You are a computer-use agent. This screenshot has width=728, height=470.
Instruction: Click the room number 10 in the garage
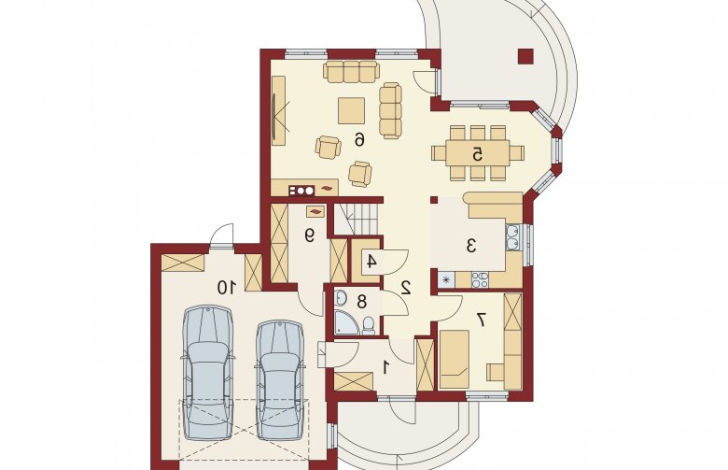pyautogui.click(x=228, y=287)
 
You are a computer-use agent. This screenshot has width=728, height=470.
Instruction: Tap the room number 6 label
pyautogui.click(x=359, y=138)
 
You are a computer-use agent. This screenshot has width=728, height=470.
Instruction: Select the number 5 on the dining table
pyautogui.click(x=477, y=154)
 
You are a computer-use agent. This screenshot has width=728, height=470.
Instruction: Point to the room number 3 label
pyautogui.click(x=471, y=246)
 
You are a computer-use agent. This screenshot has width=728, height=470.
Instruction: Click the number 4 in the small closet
pyautogui.click(x=371, y=262)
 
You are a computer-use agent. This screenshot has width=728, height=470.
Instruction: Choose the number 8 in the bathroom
pyautogui.click(x=362, y=302)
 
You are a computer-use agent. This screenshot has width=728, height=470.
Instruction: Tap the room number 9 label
pyautogui.click(x=309, y=235)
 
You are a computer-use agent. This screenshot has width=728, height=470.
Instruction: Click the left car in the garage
pyautogui.click(x=207, y=372)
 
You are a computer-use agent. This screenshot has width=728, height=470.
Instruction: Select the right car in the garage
pyautogui.click(x=280, y=379)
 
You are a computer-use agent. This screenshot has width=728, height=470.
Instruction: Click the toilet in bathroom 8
pyautogui.click(x=369, y=325)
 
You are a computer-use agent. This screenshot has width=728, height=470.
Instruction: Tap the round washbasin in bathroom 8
pyautogui.click(x=341, y=297)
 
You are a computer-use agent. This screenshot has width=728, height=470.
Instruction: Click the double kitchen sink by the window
pyautogui.click(x=513, y=237)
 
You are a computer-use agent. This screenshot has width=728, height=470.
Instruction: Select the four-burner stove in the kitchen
pyautogui.click(x=480, y=279)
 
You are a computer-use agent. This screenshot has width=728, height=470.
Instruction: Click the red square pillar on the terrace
pyautogui.click(x=525, y=56)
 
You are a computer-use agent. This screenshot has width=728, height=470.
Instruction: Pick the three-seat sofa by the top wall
pyautogui.click(x=352, y=71)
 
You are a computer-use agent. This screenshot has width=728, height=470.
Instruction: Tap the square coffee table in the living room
pyautogui.click(x=352, y=110)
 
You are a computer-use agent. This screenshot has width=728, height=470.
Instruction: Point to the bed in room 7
pyautogui.click(x=455, y=359)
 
